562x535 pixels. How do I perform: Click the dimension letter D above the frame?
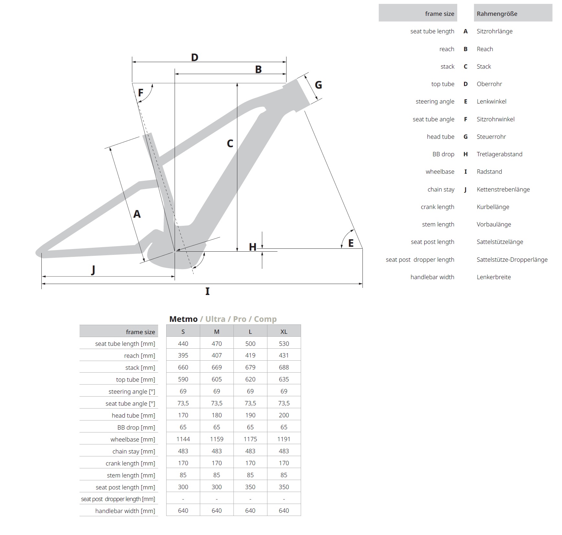click(x=194, y=58)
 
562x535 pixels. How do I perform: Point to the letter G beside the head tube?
click(x=318, y=85)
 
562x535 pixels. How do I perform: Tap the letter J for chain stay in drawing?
click(x=93, y=269)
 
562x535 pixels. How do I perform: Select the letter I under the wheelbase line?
click(x=207, y=291)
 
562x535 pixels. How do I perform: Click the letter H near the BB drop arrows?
click(x=253, y=247)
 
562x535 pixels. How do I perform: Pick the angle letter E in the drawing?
click(x=351, y=243)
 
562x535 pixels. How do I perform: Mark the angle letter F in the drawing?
click(x=141, y=93)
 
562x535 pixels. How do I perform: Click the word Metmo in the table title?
click(x=183, y=319)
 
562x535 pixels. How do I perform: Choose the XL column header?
click(x=284, y=332)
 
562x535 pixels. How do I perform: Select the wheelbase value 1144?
click(x=183, y=439)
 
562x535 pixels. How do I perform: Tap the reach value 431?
click(x=284, y=355)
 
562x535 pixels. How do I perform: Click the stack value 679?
click(x=250, y=367)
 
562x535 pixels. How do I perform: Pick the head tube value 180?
click(x=217, y=415)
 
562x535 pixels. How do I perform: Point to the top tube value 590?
click(x=183, y=379)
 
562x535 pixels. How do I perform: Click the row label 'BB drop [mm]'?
click(x=136, y=427)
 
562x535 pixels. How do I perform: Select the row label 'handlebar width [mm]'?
click(x=125, y=511)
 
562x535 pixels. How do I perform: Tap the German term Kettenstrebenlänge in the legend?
click(x=503, y=189)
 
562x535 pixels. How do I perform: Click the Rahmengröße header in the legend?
click(x=497, y=14)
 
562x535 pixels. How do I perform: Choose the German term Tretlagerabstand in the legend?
click(x=499, y=154)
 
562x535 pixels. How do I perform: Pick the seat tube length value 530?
click(x=284, y=344)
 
